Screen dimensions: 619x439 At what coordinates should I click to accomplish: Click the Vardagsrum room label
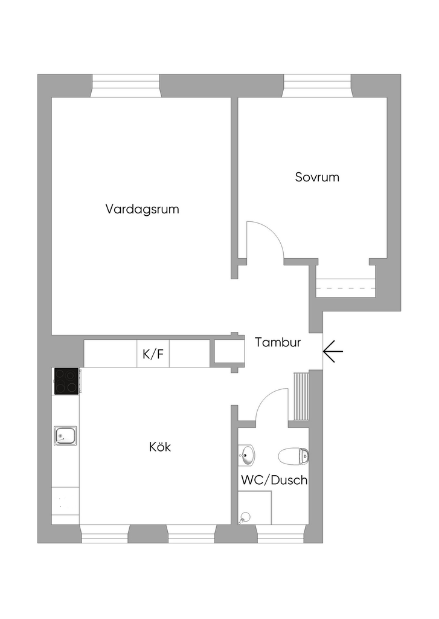pos(143,210)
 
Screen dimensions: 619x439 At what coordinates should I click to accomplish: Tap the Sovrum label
pos(317,177)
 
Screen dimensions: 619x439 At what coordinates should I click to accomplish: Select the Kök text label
pos(160,447)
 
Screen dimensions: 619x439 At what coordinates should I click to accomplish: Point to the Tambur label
pos(278,342)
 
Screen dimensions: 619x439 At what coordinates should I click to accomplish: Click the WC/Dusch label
pos(274,481)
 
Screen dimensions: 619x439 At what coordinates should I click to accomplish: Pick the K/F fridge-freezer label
pos(153,354)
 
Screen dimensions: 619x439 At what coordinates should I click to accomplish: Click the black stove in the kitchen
pos(66,381)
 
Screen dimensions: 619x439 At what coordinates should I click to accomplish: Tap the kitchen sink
pos(65,435)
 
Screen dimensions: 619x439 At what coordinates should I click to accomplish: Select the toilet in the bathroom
pos(294,455)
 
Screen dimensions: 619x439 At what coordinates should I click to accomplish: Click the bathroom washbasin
pos(247,455)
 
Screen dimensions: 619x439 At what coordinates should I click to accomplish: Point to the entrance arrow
pos(333,351)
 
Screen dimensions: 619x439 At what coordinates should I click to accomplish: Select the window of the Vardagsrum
pos(126,86)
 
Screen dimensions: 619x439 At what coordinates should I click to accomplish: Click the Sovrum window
pos(317,86)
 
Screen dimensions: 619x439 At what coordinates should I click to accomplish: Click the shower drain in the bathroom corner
pos(245,517)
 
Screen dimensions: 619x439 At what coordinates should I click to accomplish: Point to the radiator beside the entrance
pos(300,396)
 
